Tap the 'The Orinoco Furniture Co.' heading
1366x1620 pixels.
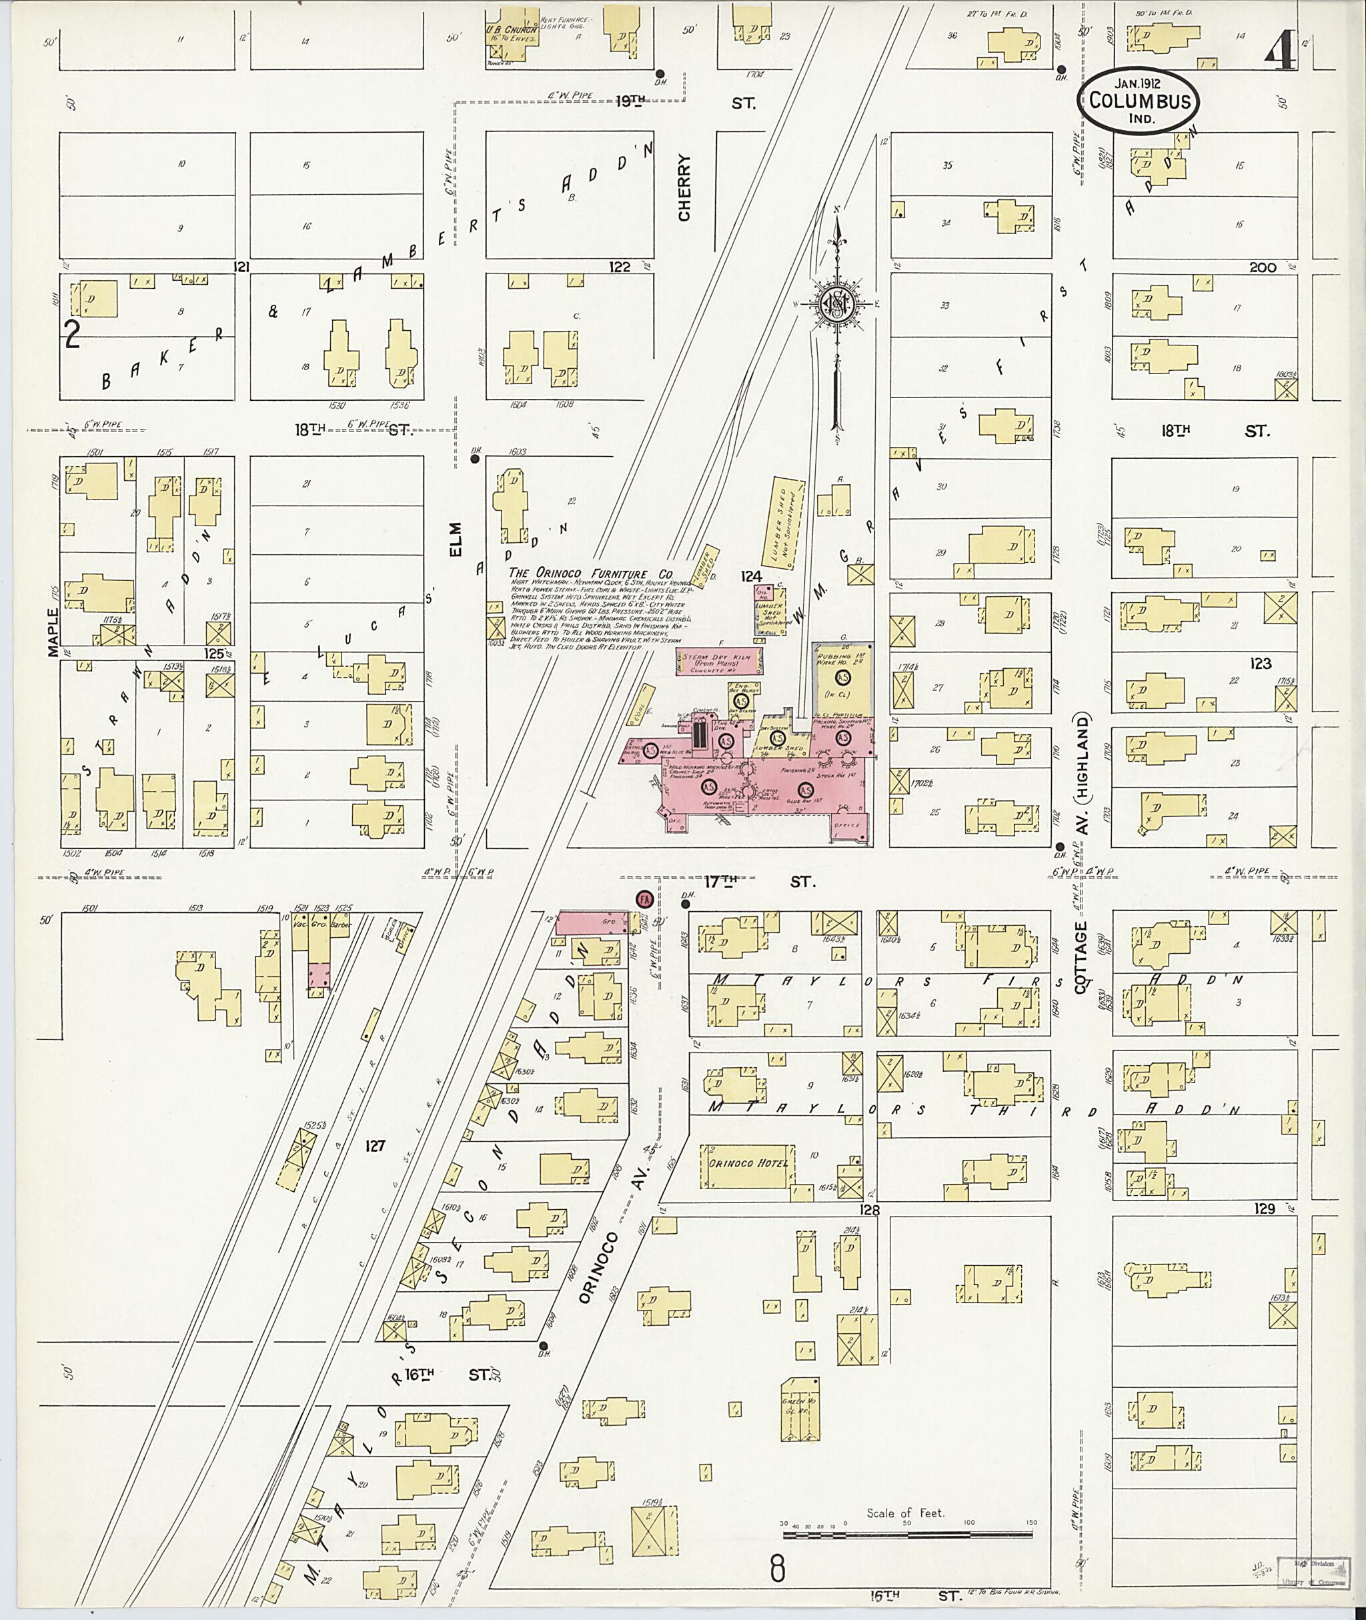click(590, 573)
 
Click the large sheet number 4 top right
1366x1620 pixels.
click(1281, 54)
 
